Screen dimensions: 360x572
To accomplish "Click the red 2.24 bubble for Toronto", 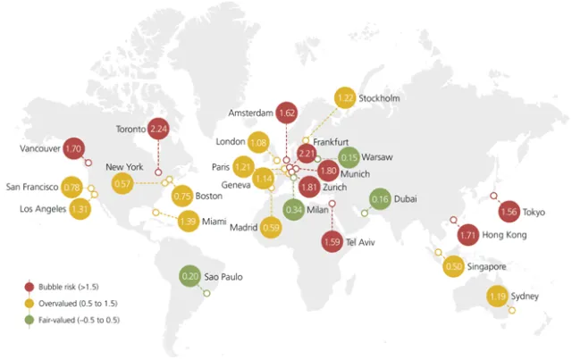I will pyautogui.click(x=158, y=130).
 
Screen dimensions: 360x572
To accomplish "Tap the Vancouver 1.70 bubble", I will pyautogui.click(x=73, y=147).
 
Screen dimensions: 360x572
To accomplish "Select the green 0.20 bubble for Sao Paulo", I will pyautogui.click(x=189, y=278).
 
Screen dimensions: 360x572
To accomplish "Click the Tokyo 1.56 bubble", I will pyautogui.click(x=509, y=212).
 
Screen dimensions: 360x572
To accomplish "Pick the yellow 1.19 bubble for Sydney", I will pyautogui.click(x=498, y=296).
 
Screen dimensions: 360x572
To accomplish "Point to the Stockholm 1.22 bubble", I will pyautogui.click(x=345, y=98).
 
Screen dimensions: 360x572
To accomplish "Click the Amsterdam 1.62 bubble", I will pyautogui.click(x=287, y=113).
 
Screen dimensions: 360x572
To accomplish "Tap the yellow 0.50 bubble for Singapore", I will pyautogui.click(x=454, y=266).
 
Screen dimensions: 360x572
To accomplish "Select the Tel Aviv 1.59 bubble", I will pyautogui.click(x=332, y=240).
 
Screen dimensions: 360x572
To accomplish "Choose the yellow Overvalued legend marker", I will pyautogui.click(x=29, y=302).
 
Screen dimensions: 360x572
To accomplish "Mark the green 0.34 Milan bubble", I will pyautogui.click(x=294, y=209).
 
